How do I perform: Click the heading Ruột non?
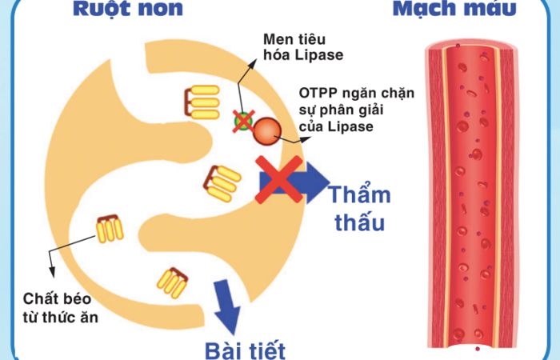click(x=127, y=8)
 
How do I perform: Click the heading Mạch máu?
click(x=454, y=8)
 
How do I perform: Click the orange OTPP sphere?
click(x=267, y=131)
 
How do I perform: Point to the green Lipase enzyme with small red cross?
click(x=243, y=121)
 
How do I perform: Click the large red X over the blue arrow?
click(x=279, y=180)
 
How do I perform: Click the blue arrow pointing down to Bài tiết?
click(x=226, y=307)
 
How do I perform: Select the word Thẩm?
click(x=360, y=194)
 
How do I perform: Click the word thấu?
click(x=360, y=222)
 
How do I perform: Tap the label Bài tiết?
click(x=245, y=350)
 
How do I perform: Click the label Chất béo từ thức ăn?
click(x=60, y=308)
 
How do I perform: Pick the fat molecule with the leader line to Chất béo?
click(x=110, y=229)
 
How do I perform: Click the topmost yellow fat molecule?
click(x=202, y=102)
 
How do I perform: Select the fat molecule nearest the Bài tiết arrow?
click(x=173, y=283)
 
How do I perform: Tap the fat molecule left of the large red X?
click(x=222, y=183)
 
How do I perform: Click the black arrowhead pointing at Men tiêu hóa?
click(x=253, y=64)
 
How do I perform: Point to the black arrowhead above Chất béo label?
click(x=53, y=272)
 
